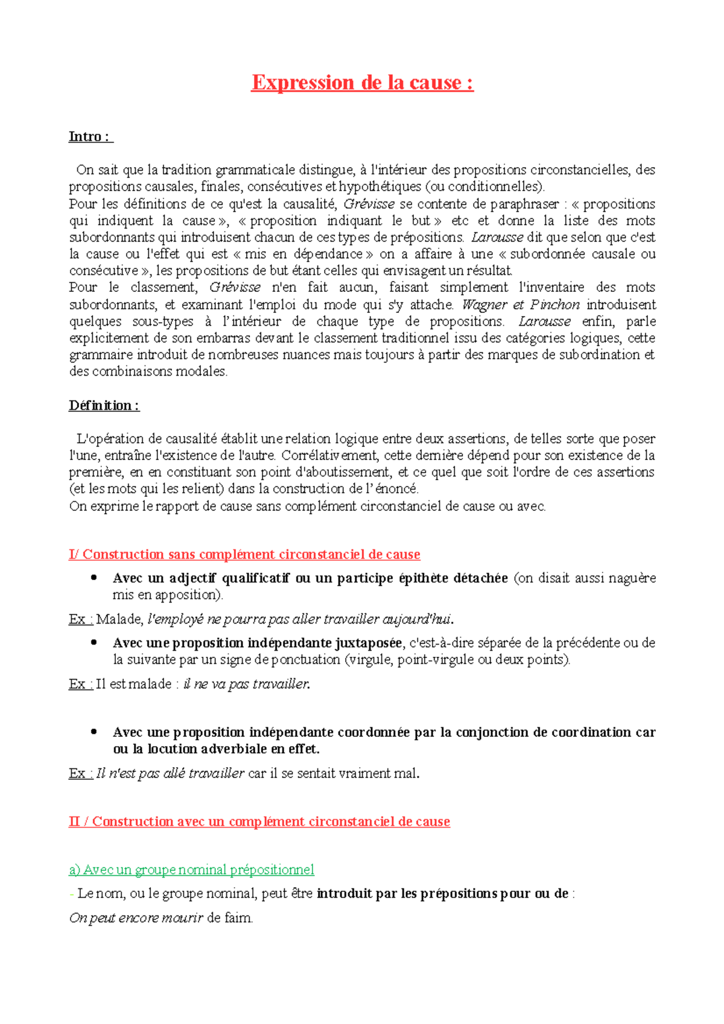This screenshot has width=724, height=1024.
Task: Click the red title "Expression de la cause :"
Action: point(362,83)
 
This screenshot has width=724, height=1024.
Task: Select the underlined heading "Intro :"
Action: point(90,137)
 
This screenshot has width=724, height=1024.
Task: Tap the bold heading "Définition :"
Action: point(104,405)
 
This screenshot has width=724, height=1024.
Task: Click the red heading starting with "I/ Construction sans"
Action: point(244,554)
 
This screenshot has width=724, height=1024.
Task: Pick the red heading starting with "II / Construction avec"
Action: point(259,821)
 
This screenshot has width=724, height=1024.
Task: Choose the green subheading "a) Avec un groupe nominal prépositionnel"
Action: point(191,870)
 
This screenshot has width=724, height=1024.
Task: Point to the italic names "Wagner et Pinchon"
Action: point(521,305)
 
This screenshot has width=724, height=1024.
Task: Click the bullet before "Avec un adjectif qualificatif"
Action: point(94,578)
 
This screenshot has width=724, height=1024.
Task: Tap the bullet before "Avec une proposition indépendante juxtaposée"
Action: point(94,643)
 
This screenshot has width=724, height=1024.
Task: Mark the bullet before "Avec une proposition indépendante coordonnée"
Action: point(94,732)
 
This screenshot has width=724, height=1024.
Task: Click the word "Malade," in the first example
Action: point(119,619)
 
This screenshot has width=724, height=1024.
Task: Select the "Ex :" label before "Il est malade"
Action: point(80,684)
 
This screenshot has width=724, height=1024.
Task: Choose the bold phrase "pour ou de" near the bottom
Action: point(534,894)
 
